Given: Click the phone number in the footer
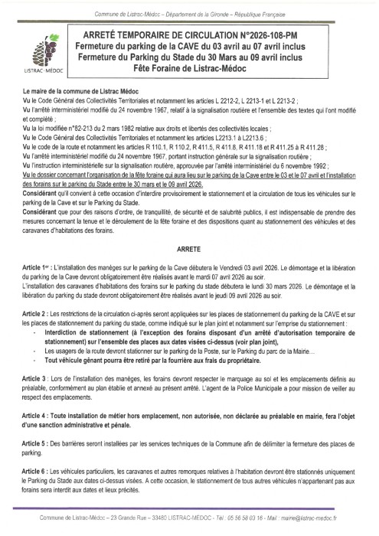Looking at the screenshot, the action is point(257,518).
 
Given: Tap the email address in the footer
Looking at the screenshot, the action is point(333,518).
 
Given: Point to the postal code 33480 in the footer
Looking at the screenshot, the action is point(148,518).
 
